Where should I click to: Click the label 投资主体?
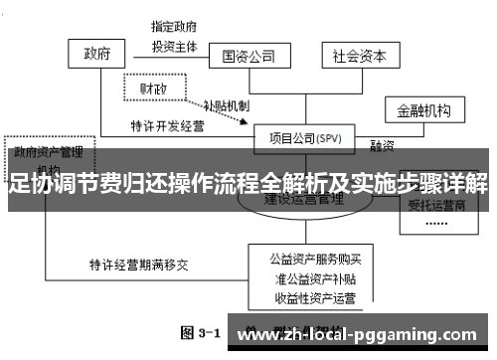click(174, 45)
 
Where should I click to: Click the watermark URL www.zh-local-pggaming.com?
click(362, 330)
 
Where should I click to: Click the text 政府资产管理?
click(47, 153)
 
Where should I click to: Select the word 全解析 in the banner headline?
click(255, 184)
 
